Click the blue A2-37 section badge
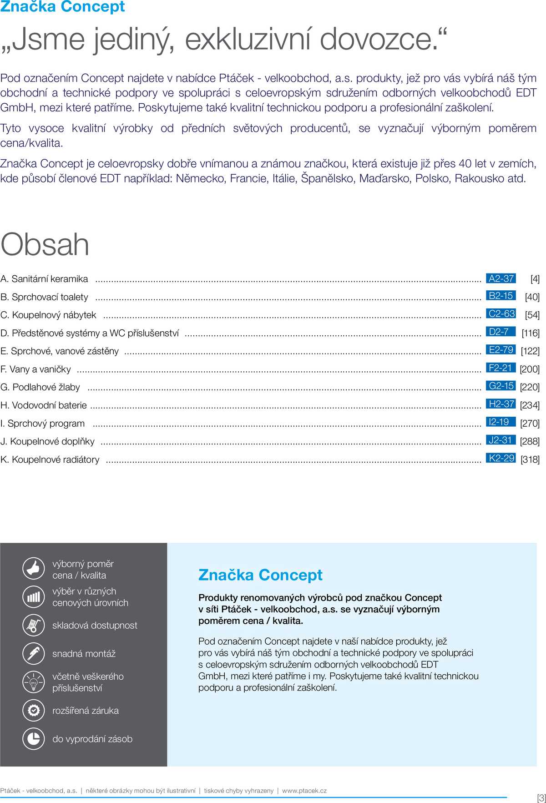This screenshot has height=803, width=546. (x=501, y=278)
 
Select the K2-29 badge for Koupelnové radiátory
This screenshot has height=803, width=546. (x=501, y=458)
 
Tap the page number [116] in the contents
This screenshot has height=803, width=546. (x=530, y=333)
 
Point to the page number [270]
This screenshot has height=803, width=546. (x=530, y=423)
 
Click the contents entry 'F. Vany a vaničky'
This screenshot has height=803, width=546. (x=36, y=369)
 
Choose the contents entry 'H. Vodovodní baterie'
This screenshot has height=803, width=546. (x=44, y=405)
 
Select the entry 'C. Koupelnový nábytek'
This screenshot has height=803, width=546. (x=49, y=315)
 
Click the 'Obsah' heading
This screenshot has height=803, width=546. (x=45, y=244)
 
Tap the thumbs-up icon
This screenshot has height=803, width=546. (x=34, y=568)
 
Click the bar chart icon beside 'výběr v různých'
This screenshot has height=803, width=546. (x=34, y=596)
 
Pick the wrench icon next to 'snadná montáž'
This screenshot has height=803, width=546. (x=34, y=653)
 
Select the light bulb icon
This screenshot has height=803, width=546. (x=34, y=682)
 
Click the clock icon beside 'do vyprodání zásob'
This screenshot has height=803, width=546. (x=34, y=738)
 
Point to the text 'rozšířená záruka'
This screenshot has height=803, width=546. (x=86, y=710)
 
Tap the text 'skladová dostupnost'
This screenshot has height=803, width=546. (x=95, y=625)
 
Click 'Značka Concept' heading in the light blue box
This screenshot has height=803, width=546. (x=260, y=575)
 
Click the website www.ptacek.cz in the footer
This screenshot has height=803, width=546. (x=304, y=791)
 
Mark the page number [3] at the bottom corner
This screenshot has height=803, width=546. (x=541, y=798)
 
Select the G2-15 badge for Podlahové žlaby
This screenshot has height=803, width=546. (x=501, y=386)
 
